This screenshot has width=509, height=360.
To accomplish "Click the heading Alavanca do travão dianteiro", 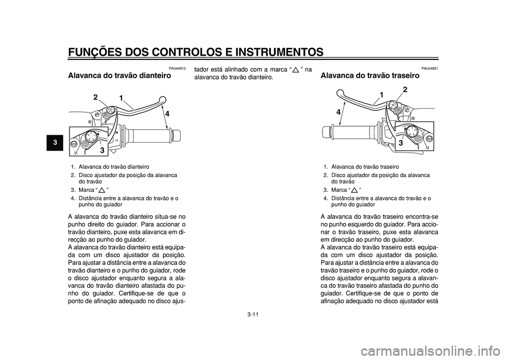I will (119, 76).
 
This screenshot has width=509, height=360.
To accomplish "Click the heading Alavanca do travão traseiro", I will (370, 76).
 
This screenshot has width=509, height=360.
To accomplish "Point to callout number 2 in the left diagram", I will (96, 97).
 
